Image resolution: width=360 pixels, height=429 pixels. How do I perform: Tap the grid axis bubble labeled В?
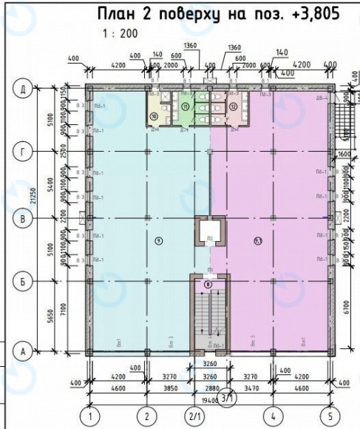point(24,219)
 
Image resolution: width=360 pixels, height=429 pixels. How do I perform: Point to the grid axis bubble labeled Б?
point(24,281)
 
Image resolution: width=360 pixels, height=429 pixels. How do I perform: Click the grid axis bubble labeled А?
point(24,352)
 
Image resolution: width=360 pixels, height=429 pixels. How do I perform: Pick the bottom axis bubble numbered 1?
point(90,415)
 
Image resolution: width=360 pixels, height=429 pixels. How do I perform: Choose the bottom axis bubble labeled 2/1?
point(196,415)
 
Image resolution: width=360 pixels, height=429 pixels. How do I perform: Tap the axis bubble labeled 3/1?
point(228,396)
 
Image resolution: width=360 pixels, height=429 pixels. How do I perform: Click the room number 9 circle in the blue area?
point(158,240)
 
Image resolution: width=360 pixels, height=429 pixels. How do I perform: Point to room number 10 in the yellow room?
point(154,116)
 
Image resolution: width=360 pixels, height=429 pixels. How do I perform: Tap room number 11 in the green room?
point(186,108)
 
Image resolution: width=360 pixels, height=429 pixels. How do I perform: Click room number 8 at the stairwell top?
point(208,284)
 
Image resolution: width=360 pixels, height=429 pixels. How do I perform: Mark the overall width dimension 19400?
point(211,399)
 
